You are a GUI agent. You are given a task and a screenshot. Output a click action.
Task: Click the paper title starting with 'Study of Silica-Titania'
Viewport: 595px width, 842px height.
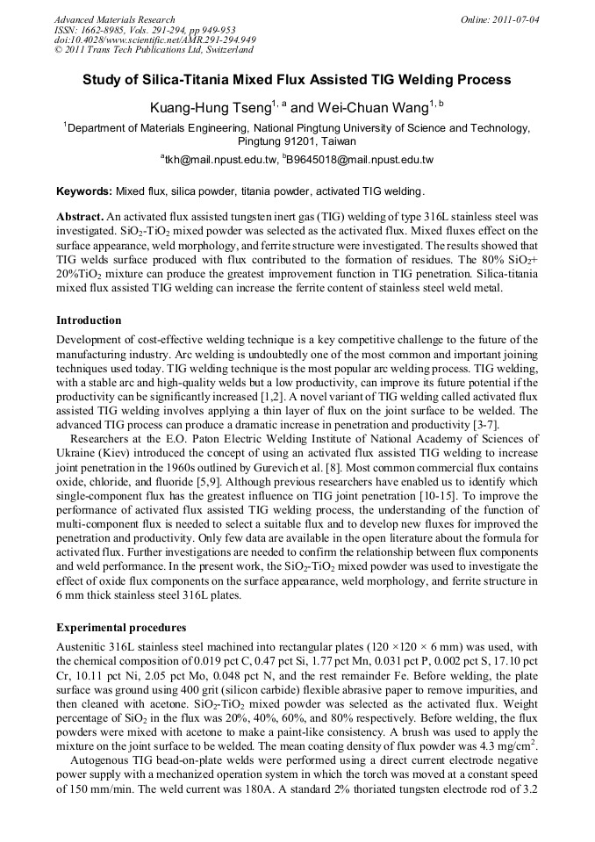pyautogui.click(x=297, y=80)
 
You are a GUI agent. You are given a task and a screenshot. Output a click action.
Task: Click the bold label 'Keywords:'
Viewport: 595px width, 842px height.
pyautogui.click(x=84, y=191)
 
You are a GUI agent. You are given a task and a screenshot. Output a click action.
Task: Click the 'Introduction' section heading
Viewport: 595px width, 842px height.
pyautogui.click(x=89, y=320)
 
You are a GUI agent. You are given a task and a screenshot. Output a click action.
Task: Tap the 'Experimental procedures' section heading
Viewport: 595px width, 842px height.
pyautogui.click(x=121, y=629)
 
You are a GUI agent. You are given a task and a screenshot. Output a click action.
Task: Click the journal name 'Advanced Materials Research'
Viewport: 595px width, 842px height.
pyautogui.click(x=115, y=19)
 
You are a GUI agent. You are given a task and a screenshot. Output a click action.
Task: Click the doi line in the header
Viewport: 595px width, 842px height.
pyautogui.click(x=154, y=40)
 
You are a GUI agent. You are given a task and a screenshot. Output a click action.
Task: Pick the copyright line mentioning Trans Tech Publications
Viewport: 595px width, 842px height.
pyautogui.click(x=154, y=51)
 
